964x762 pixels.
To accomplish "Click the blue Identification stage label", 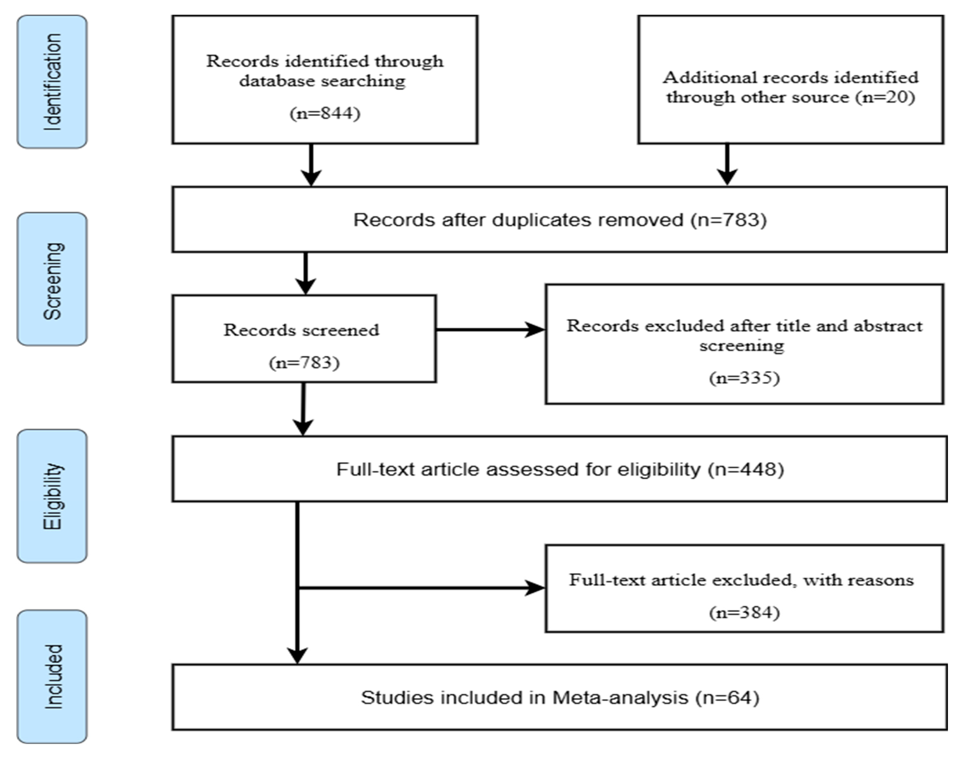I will click(x=52, y=82).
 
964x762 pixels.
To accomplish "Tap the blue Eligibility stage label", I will click(x=52, y=496).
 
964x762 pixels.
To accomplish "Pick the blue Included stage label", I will click(x=52, y=676).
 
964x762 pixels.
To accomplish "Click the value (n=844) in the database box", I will click(x=325, y=113).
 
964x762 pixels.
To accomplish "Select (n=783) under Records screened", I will click(x=304, y=362).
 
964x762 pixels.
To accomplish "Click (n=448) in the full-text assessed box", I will click(x=746, y=469).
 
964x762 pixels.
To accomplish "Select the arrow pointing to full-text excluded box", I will click(x=422, y=588).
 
